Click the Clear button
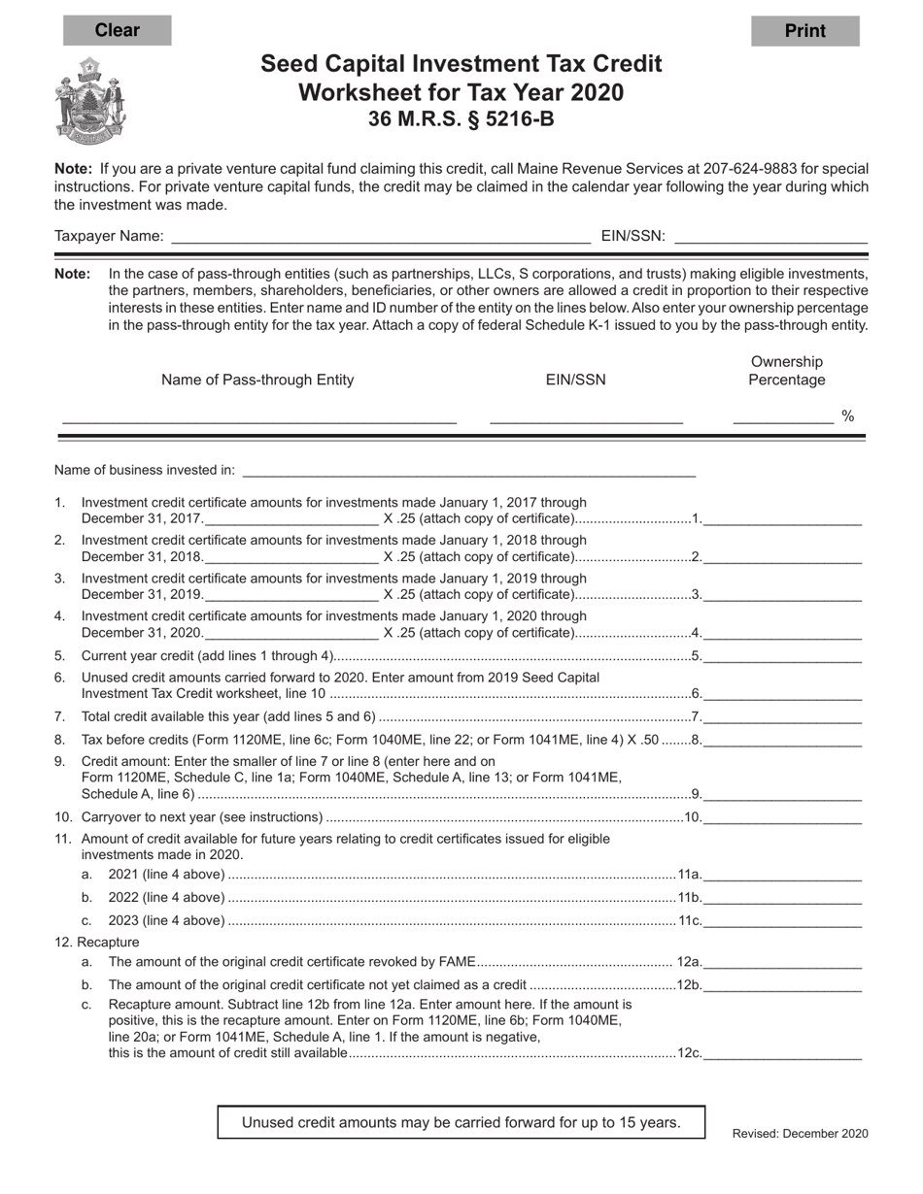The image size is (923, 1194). [x=117, y=30]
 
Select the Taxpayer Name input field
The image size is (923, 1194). [x=380, y=236]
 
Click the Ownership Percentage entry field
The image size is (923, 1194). [x=783, y=417]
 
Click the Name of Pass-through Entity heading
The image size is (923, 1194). [x=257, y=381]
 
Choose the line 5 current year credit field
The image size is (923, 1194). [x=782, y=656]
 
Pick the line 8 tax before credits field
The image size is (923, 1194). [x=782, y=741]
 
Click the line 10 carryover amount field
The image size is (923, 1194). [x=782, y=817]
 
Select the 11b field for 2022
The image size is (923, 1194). [x=782, y=898]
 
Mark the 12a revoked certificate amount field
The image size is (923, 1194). [x=782, y=963]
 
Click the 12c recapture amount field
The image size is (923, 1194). [x=782, y=1053]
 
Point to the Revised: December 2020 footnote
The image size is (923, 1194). [x=800, y=1134]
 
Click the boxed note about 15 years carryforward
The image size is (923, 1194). [x=461, y=1122]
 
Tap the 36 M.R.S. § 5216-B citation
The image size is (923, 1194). [x=461, y=120]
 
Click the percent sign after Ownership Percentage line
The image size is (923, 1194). [x=848, y=416]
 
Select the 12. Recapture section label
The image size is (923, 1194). [x=97, y=943]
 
